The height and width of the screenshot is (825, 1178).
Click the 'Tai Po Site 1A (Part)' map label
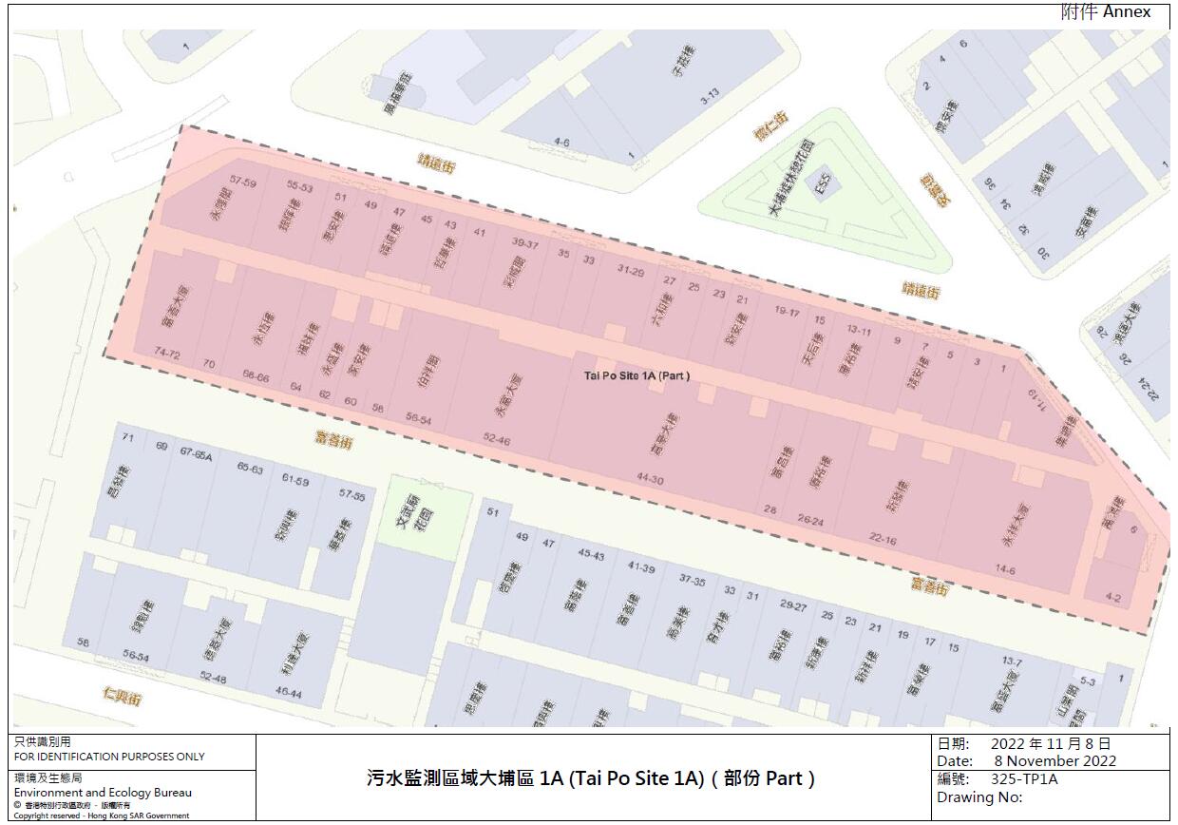coord(636,375)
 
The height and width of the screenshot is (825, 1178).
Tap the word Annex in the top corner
coord(1127,12)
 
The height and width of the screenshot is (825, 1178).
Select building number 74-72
coord(167,353)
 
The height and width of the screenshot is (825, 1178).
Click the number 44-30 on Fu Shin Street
coord(650,480)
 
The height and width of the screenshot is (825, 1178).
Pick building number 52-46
coord(496,440)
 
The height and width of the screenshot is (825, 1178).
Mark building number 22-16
coord(883,538)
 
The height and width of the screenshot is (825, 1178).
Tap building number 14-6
coord(1005,570)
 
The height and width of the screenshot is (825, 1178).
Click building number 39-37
coord(524,243)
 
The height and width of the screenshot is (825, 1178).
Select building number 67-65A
coord(197,454)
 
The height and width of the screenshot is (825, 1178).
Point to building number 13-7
coord(1012,661)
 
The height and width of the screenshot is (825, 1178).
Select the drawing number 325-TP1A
coord(1024,779)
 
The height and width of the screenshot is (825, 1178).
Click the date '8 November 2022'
coord(1055,761)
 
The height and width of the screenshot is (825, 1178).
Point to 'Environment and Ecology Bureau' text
coord(103,793)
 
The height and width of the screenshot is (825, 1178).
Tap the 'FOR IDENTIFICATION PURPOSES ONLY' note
coord(109,758)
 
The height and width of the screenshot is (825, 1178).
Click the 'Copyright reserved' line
coord(101,815)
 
